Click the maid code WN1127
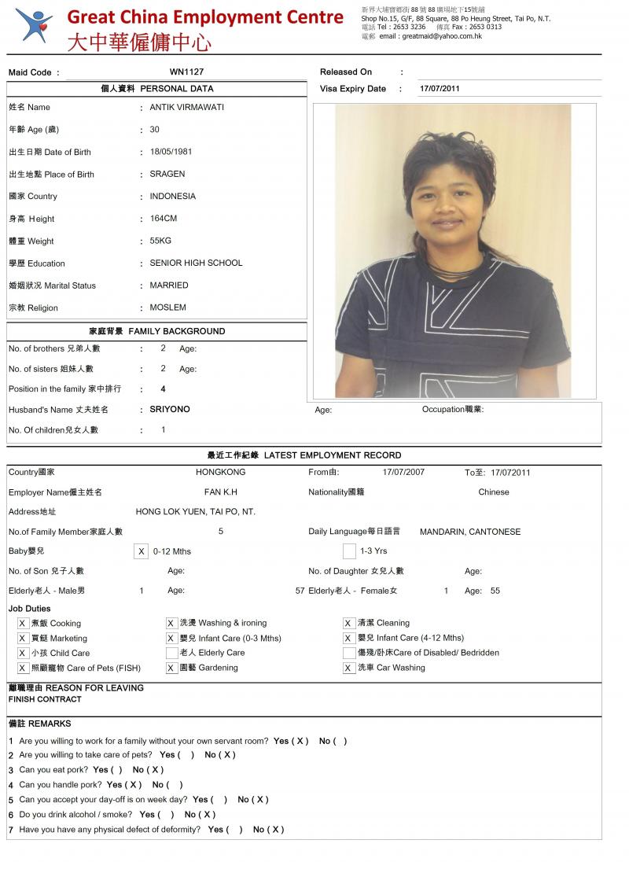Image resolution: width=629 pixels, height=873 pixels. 186,72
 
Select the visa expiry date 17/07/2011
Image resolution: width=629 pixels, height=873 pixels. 440,88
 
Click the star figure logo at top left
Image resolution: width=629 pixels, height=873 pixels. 34,26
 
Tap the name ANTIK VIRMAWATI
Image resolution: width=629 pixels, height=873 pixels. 186,107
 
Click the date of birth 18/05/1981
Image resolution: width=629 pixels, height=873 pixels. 171,152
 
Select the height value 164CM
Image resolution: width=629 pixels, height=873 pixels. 164,219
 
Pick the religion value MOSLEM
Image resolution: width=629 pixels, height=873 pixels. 168,308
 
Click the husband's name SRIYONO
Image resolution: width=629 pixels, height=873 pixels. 170,409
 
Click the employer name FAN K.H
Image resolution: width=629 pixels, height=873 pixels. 220,492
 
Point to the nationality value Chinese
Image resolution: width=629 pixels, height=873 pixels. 493,492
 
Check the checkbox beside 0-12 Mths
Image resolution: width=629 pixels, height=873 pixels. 141,551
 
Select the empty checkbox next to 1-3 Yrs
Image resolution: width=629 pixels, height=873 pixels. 349,551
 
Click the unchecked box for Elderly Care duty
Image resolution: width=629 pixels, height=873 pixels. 171,653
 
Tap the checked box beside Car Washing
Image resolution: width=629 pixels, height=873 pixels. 349,668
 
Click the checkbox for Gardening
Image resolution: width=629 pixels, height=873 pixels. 171,668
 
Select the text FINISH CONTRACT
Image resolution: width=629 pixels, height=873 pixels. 45,699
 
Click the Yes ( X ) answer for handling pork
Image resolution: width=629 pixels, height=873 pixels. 124,784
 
